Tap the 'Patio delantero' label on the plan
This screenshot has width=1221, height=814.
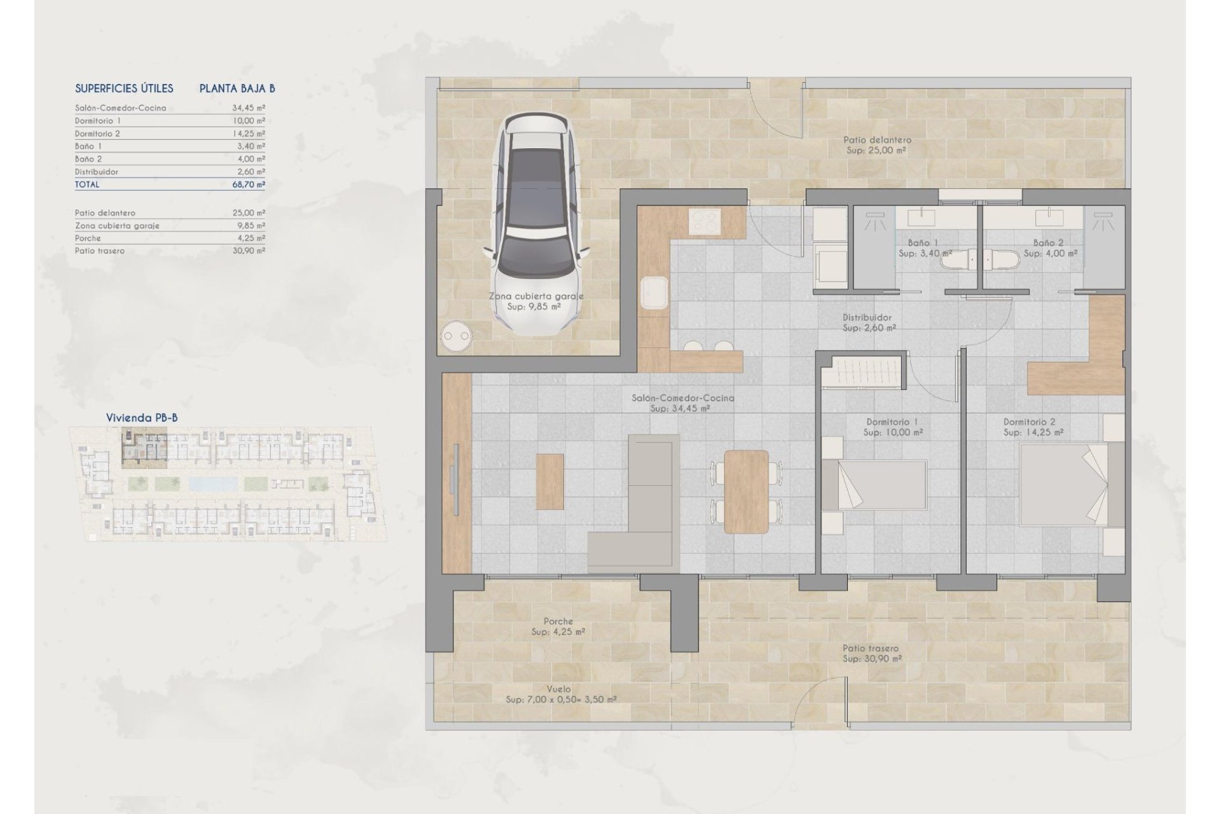(x=877, y=140)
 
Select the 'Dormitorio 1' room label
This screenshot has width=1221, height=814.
(x=892, y=422)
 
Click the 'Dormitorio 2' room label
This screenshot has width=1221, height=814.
(x=1029, y=422)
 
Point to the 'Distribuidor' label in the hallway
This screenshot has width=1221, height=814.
(x=867, y=317)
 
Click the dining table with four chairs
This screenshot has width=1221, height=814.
(x=747, y=491)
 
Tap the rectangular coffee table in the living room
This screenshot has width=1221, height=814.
(x=549, y=481)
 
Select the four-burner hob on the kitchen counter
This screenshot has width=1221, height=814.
(x=705, y=222)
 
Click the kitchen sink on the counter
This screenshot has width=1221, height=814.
(x=654, y=293)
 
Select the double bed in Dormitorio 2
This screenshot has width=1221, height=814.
(x=1064, y=485)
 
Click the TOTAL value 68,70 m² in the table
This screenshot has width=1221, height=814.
(x=249, y=184)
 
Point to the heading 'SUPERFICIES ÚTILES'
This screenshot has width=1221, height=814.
(x=124, y=88)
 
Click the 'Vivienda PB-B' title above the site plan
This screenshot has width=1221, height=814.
(x=142, y=418)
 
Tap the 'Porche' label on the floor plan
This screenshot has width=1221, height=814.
(x=558, y=621)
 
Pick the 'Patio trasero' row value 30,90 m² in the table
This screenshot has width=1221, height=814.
(x=249, y=251)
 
